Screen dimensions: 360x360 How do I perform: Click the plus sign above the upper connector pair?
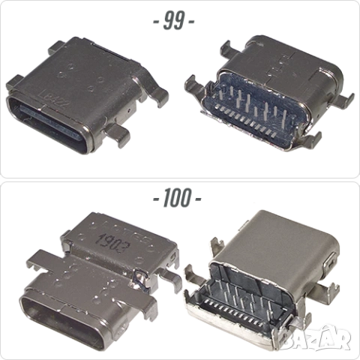[173, 20]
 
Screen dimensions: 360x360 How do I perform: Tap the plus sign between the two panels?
[176, 199]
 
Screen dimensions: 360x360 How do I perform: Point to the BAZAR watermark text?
[316, 338]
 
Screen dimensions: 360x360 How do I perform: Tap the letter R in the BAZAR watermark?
[343, 339]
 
